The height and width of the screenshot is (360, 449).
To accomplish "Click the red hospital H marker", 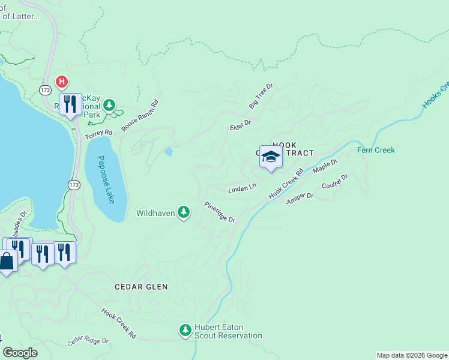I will (x=61, y=81).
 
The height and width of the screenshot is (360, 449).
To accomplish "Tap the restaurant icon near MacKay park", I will (x=70, y=105).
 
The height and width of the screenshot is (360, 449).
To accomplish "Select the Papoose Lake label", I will (x=106, y=179).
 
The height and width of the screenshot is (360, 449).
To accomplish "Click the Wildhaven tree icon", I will (x=184, y=212).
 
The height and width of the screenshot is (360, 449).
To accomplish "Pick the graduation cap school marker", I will (x=271, y=157).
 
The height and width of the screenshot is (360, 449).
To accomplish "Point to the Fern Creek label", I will (x=376, y=150).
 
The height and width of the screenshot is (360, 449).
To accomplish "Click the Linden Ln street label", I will (x=242, y=189).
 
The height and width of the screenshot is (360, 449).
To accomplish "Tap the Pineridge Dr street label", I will (x=219, y=212).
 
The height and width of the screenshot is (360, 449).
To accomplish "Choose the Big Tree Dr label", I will (x=261, y=96).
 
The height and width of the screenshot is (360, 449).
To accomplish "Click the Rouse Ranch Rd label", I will (x=140, y=115).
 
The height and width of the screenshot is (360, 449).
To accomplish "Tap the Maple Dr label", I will (x=326, y=166).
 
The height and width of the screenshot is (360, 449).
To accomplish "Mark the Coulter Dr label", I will (x=335, y=181).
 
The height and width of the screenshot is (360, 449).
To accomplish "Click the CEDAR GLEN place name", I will (x=141, y=287).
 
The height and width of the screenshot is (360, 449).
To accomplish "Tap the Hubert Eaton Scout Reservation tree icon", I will (x=185, y=329).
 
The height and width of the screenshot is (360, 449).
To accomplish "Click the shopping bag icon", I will (x=7, y=262).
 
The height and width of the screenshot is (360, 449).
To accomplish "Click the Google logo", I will (x=20, y=352).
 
